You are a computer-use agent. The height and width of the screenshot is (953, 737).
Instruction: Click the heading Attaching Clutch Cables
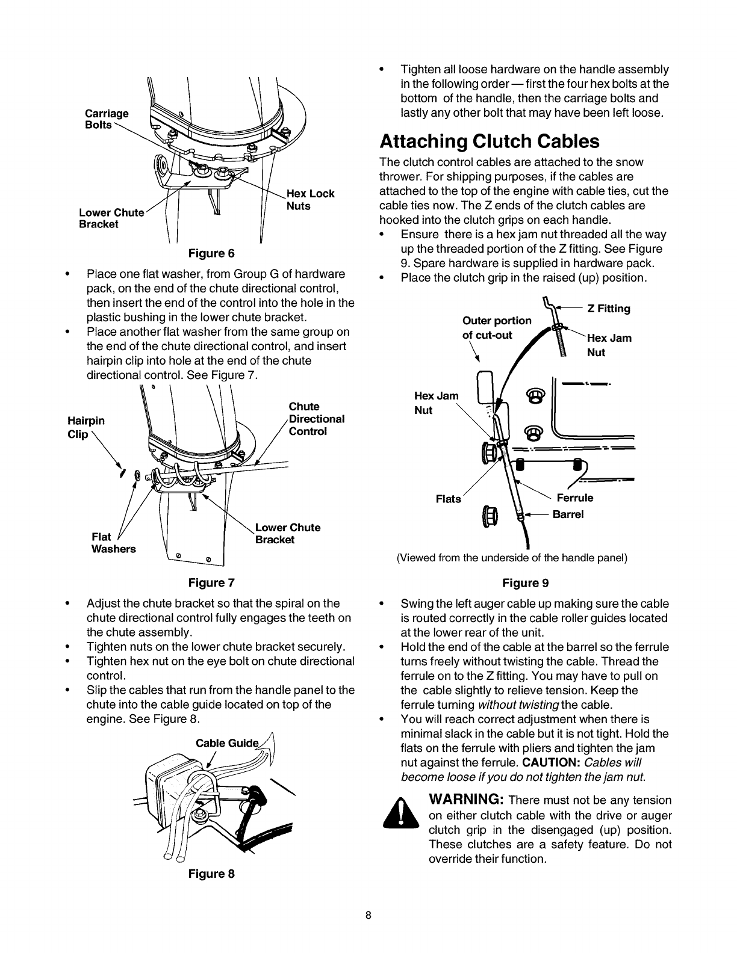click(490, 141)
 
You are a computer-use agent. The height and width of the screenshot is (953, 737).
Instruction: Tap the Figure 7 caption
click(211, 582)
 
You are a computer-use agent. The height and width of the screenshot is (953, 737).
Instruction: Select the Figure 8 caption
click(211, 874)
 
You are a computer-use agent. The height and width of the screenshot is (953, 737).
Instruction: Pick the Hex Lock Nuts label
click(310, 200)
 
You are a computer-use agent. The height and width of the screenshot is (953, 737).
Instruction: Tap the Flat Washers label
click(113, 543)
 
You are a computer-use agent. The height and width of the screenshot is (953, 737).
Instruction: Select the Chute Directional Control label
click(316, 419)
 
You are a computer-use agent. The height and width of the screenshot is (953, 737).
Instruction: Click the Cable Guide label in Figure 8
click(228, 743)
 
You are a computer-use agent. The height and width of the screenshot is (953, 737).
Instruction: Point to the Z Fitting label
click(609, 309)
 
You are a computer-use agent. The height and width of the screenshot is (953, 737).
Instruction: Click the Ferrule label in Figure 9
click(575, 498)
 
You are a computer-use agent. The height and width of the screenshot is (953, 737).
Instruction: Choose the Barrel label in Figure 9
click(568, 514)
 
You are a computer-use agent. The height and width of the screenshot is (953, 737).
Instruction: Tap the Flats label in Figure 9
click(448, 499)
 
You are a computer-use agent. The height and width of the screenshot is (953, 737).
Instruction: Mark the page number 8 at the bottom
click(368, 916)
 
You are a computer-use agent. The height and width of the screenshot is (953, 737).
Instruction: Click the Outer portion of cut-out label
click(496, 327)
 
